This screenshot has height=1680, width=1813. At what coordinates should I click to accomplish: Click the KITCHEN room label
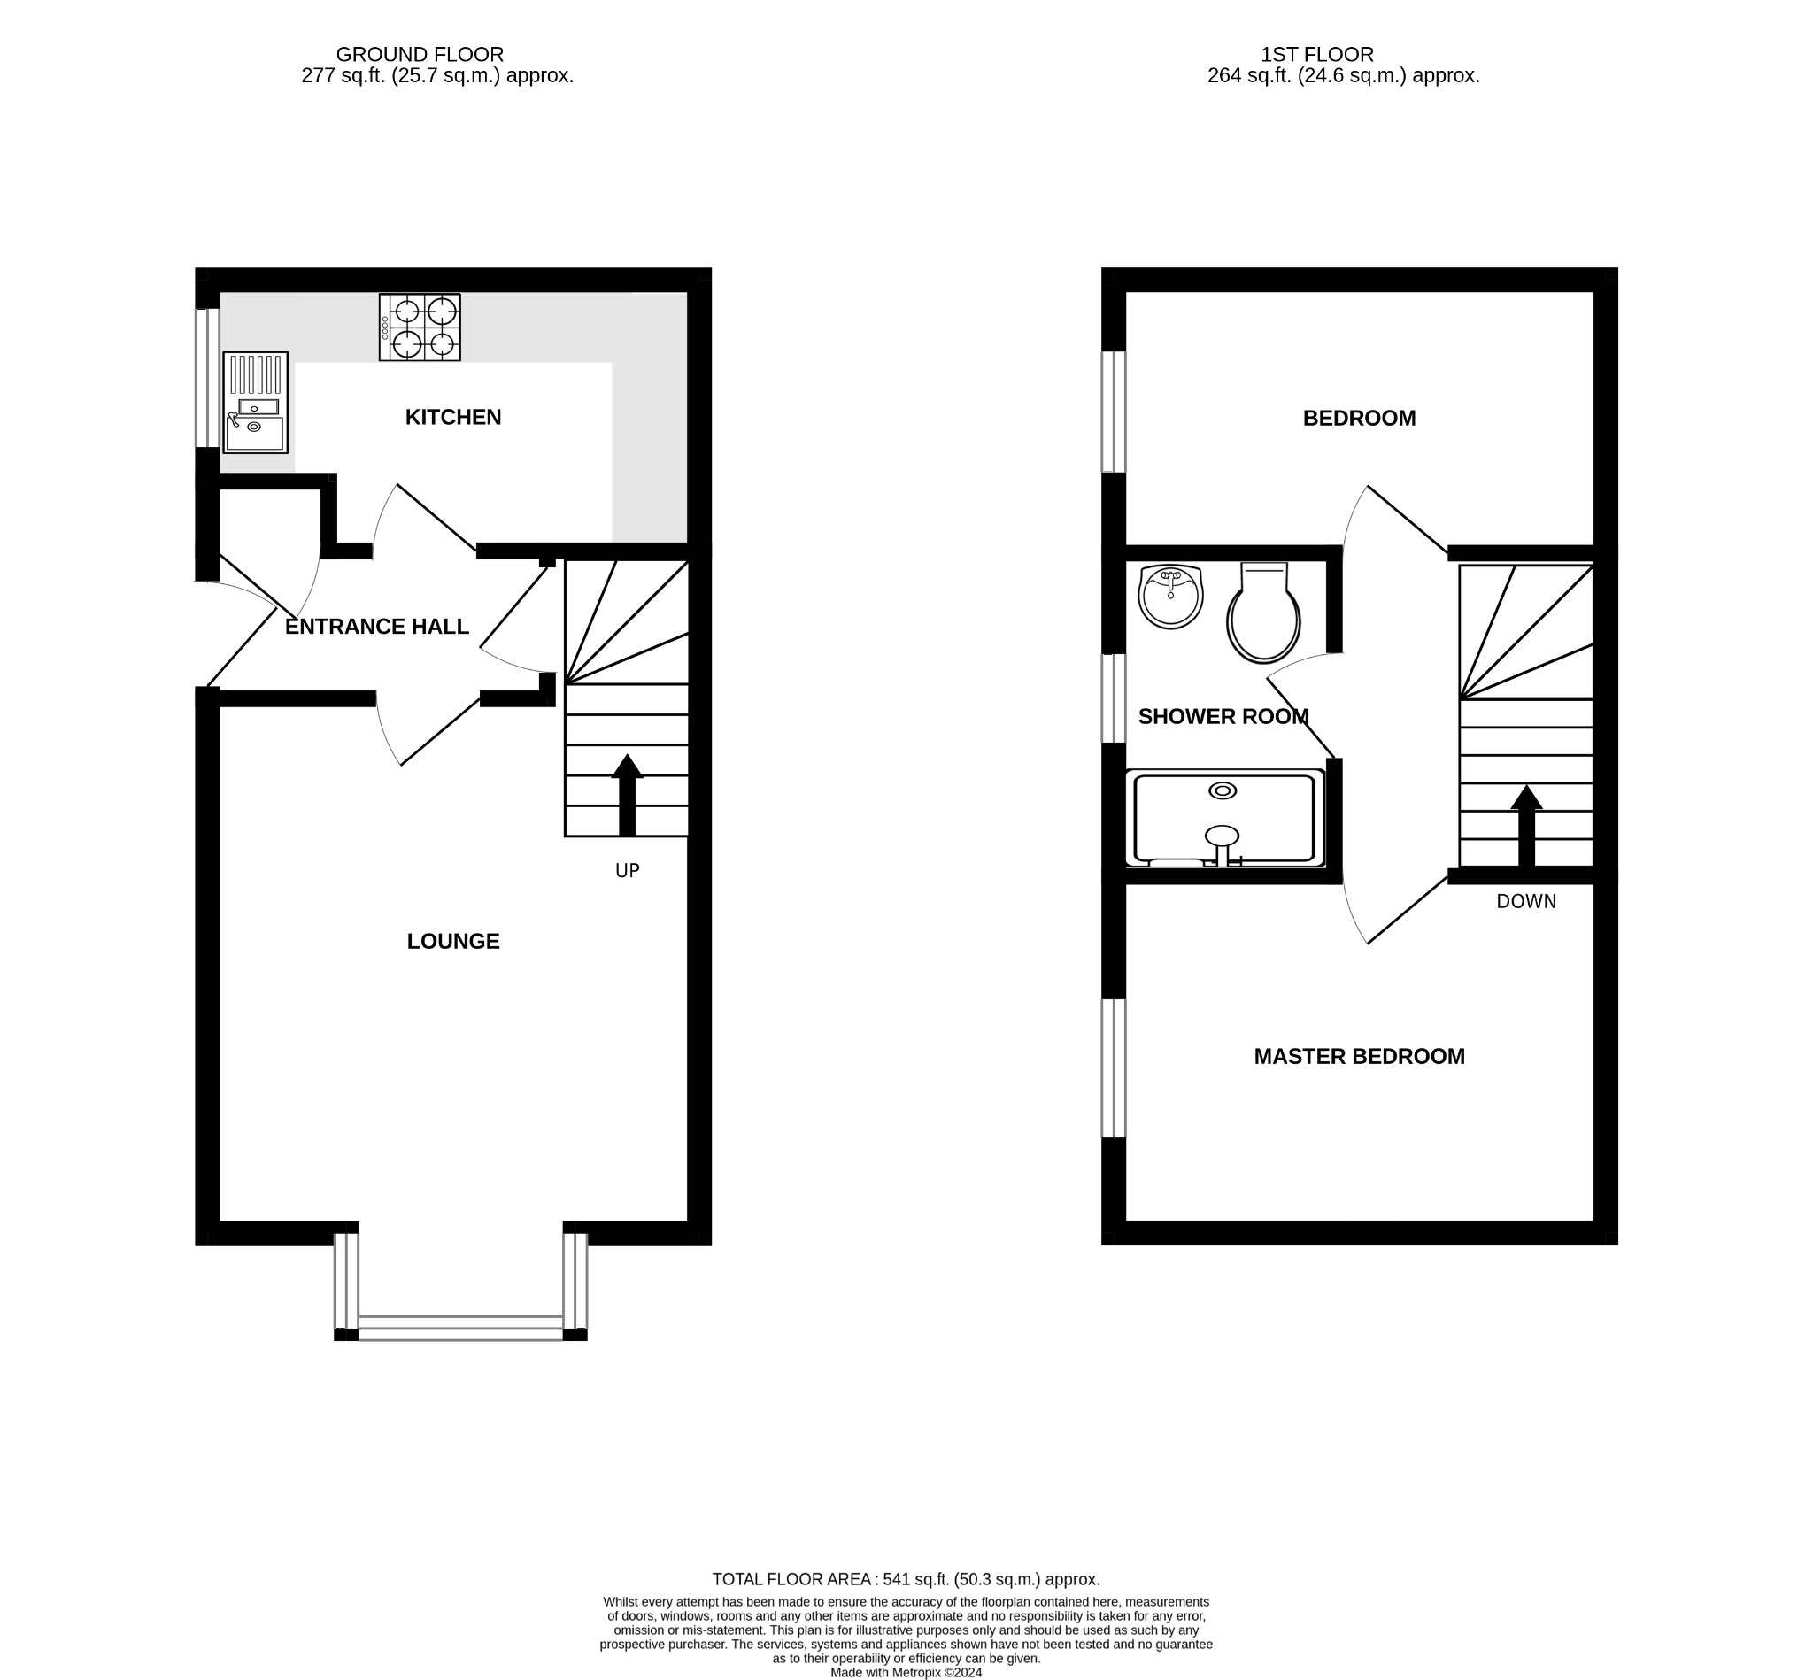(x=452, y=417)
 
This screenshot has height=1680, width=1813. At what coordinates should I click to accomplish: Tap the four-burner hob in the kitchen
(x=419, y=328)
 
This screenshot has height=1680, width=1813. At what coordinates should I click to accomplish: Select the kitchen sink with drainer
(x=256, y=403)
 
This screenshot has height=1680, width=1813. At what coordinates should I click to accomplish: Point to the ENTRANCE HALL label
(x=376, y=627)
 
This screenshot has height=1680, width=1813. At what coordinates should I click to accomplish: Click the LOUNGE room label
(x=452, y=941)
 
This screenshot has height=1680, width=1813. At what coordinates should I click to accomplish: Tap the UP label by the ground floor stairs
(x=628, y=871)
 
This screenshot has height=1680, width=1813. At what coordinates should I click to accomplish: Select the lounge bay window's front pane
(x=460, y=1329)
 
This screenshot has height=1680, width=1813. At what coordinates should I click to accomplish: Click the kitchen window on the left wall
(x=207, y=378)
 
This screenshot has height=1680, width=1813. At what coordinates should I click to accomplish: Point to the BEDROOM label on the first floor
(x=1358, y=418)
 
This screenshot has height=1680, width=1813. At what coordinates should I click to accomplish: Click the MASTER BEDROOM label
(x=1358, y=1056)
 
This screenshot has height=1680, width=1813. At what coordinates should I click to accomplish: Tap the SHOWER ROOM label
(x=1223, y=716)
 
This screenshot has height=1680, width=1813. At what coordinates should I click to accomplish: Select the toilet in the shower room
(x=1263, y=613)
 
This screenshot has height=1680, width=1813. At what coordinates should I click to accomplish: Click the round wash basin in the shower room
(x=1170, y=597)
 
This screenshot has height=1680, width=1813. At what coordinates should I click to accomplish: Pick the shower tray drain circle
(x=1222, y=791)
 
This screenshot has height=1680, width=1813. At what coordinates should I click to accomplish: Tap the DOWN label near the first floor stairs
(x=1525, y=901)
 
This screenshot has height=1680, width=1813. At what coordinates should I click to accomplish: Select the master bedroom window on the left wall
(x=1114, y=1068)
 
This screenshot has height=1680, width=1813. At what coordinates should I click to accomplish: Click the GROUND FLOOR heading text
(x=419, y=55)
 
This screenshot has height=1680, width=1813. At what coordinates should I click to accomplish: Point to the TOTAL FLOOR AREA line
(x=906, y=1579)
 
